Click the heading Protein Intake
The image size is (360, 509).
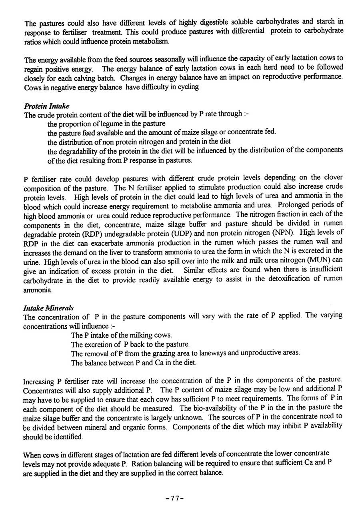(x=46, y=106)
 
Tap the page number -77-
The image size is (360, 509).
(x=174, y=498)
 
